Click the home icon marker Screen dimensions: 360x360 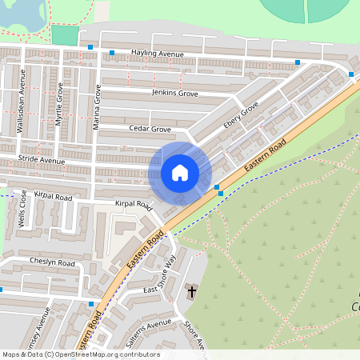pos(180,172)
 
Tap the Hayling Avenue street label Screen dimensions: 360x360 pos(158,54)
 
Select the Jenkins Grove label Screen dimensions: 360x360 pos(175,94)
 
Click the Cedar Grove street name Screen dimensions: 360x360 pos(150,128)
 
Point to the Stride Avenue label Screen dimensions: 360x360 pos(42,161)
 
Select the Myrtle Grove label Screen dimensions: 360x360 pos(60,102)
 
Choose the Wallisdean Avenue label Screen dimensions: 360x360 pos(22,102)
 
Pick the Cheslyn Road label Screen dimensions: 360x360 pos(52,262)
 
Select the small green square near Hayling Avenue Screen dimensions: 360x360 pos(65,35)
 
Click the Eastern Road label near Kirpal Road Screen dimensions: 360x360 pos(145,248)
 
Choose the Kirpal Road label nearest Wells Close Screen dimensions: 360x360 pos(54,197)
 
